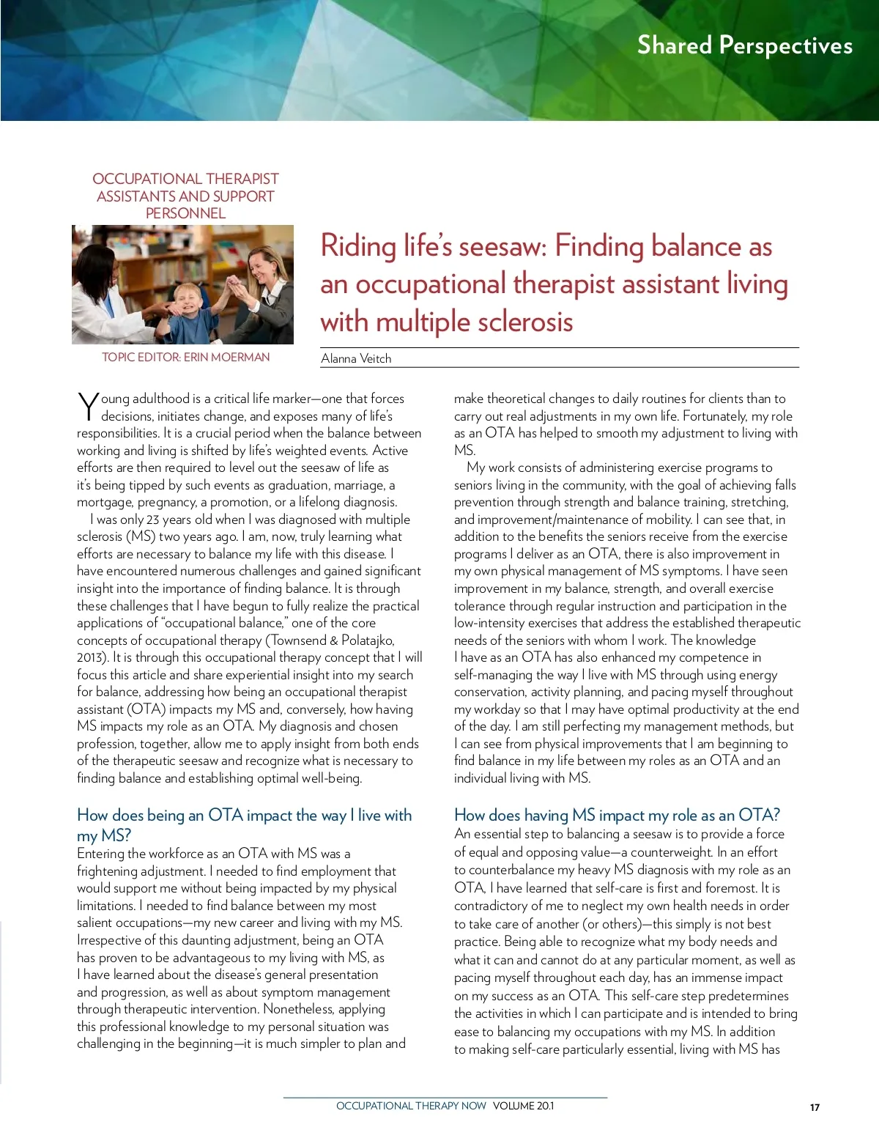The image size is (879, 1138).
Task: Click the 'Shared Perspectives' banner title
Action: [744, 45]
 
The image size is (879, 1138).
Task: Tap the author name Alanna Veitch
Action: [356, 358]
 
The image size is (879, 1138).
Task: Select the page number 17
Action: [815, 1107]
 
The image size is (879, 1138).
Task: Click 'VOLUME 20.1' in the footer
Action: [523, 1106]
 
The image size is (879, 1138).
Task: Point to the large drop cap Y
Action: [87, 407]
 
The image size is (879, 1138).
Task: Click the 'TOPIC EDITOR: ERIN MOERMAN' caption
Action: [185, 357]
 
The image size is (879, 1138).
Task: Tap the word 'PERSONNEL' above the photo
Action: [185, 213]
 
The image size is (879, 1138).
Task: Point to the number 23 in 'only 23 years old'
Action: [152, 520]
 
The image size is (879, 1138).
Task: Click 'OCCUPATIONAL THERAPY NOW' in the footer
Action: [411, 1106]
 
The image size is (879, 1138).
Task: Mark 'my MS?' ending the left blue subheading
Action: [104, 835]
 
